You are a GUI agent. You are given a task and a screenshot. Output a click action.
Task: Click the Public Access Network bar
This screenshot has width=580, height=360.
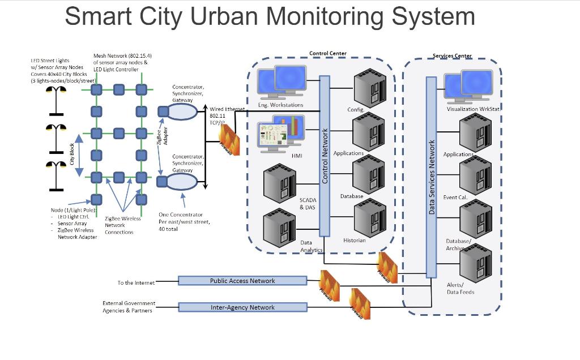(x=242, y=280)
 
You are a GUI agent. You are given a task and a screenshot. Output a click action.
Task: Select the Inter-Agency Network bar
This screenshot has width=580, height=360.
(x=242, y=307)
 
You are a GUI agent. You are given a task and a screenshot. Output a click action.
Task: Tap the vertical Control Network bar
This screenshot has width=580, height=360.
(x=325, y=156)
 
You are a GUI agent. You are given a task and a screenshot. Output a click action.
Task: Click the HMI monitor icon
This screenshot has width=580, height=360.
(x=282, y=134)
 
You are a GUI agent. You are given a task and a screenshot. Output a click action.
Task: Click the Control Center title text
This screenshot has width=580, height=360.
(x=327, y=54)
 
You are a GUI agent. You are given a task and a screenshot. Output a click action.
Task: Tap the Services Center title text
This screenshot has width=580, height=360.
(x=452, y=56)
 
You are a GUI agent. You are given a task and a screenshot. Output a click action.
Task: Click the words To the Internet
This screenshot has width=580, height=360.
(x=136, y=282)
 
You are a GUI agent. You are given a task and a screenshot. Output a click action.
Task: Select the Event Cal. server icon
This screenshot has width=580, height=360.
(x=475, y=175)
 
